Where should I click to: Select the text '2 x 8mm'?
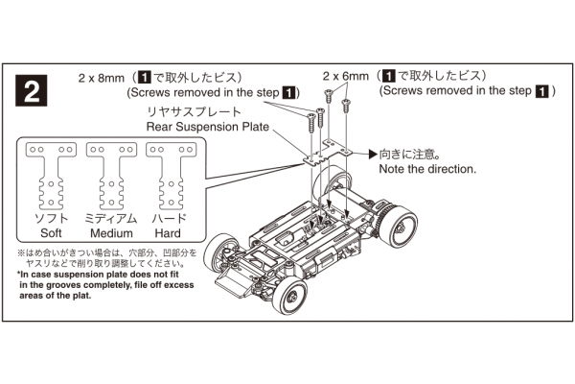pyautogui.click(x=103, y=76)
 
